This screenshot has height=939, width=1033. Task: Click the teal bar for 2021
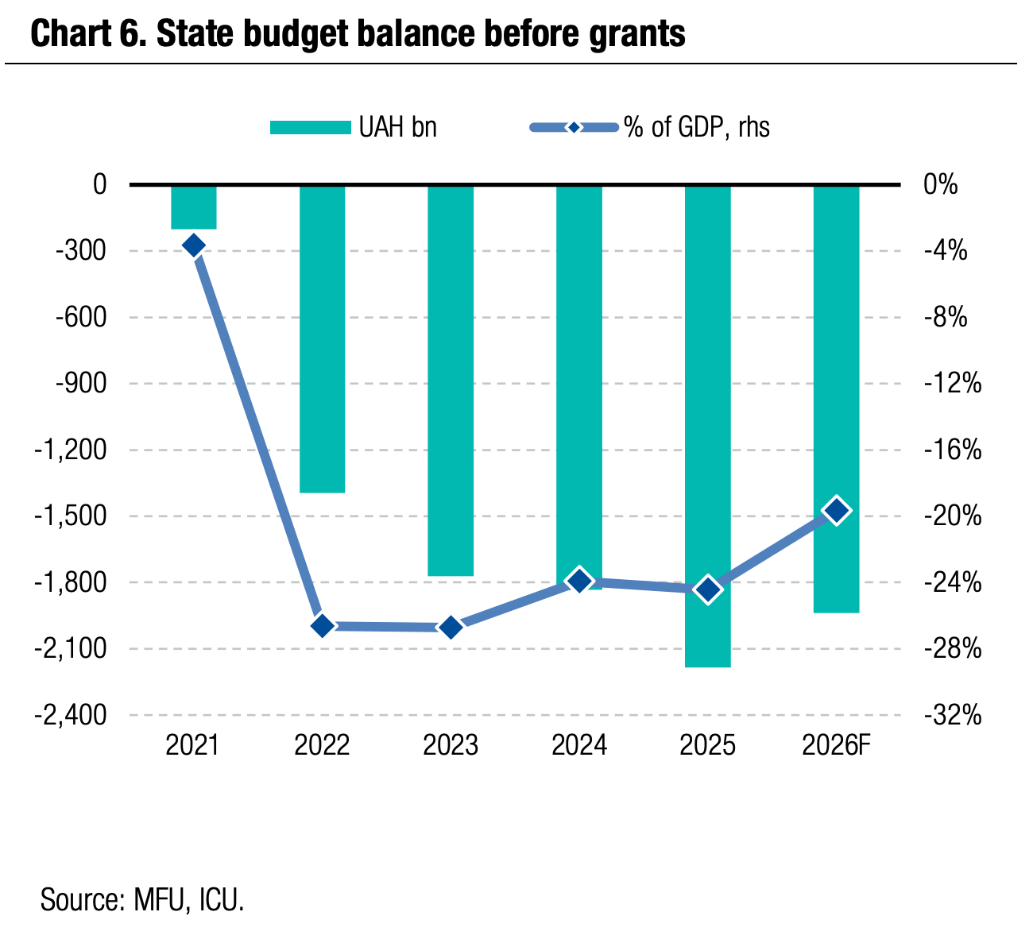tap(194, 207)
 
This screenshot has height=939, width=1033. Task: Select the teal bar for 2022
tap(322, 339)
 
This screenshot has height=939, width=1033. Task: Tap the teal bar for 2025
tap(707, 426)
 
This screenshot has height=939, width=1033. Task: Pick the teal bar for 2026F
tap(836, 399)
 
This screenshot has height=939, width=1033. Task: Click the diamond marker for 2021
tap(194, 245)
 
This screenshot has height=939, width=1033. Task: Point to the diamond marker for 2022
tap(322, 626)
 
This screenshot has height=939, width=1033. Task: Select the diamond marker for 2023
tap(451, 628)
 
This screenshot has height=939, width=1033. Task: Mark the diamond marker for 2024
tap(579, 581)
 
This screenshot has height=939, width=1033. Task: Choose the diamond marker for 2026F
tap(836, 511)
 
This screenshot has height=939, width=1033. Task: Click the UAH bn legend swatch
tap(310, 127)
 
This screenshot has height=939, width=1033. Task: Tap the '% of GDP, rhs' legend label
tap(697, 127)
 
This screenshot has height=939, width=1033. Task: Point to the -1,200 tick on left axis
tap(71, 450)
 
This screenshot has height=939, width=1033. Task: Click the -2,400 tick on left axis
tap(71, 715)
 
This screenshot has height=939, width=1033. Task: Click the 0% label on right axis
tap(941, 185)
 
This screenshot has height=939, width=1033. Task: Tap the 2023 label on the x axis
tap(451, 746)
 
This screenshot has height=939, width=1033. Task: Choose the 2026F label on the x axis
tap(837, 746)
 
